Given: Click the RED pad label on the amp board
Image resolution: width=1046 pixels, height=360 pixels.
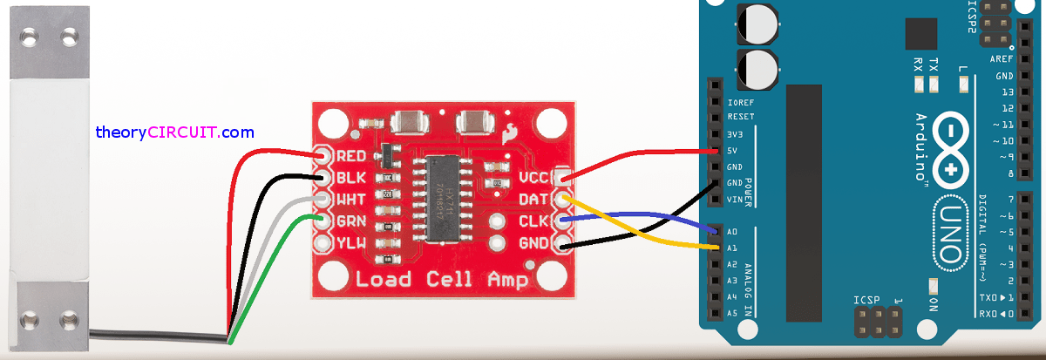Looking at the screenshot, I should click(x=350, y=157).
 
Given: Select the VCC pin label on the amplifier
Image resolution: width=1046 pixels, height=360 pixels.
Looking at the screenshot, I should click(x=533, y=178).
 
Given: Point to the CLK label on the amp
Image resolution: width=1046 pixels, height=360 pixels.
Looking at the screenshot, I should click(x=533, y=221).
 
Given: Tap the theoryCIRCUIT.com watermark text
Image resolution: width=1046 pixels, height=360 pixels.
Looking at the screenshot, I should click(x=175, y=132).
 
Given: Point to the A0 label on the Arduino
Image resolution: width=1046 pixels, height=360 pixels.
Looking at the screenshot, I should click(x=732, y=232).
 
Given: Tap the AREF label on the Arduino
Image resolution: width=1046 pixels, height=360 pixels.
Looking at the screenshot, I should click(x=1002, y=59).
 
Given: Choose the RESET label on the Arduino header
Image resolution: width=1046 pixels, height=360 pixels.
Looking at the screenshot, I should click(x=740, y=117).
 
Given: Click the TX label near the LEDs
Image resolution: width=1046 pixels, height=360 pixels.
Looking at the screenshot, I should click(x=934, y=65).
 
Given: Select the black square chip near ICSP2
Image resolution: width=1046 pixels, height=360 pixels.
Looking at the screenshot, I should click(x=920, y=34).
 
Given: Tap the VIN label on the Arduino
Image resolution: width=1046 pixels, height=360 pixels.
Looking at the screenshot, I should click(x=734, y=200).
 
